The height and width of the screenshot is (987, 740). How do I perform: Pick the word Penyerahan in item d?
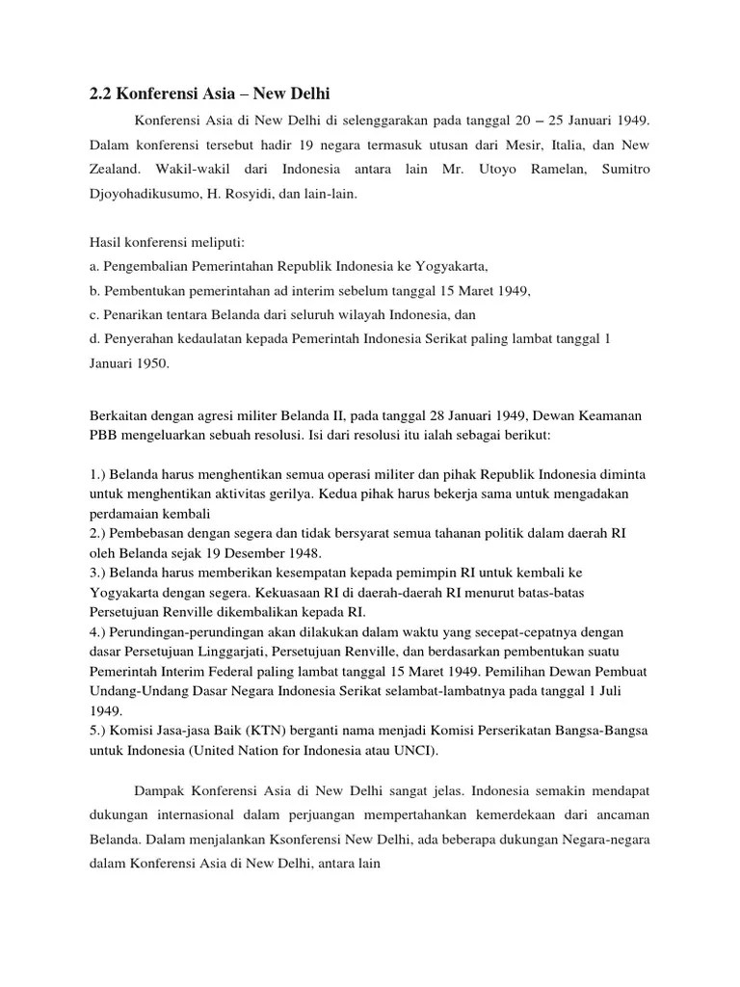(x=140, y=339)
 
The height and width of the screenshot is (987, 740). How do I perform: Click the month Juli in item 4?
(x=633, y=690)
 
